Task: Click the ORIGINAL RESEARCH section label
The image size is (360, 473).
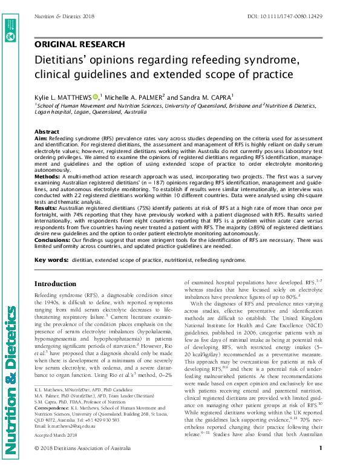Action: coord(80,44)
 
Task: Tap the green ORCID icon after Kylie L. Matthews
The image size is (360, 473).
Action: coord(96,97)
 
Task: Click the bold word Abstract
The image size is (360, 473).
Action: coord(47,131)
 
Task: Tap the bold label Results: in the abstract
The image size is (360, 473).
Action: coord(46,207)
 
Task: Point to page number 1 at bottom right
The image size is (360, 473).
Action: coord(319,464)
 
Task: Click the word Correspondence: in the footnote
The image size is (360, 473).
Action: coord(51,417)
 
